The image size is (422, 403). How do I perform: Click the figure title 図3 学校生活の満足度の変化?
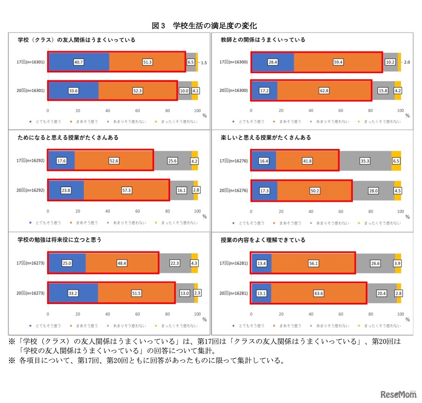(x=204, y=26)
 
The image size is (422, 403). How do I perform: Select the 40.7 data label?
(x=78, y=62)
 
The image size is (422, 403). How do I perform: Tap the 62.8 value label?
(x=324, y=91)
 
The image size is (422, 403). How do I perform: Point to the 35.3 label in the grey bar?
(x=365, y=161)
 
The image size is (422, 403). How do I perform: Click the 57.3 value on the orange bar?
(x=127, y=190)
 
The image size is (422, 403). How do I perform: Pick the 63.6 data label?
(x=319, y=293)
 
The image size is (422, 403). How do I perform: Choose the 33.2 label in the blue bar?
(x=73, y=293)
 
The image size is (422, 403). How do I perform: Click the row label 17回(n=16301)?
(x=30, y=62)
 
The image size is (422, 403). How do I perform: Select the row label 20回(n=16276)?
(x=234, y=190)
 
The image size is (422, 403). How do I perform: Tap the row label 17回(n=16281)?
(x=234, y=263)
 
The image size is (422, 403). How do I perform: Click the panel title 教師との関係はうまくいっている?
(x=263, y=40)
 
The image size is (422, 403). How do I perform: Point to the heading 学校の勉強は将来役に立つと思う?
(x=59, y=239)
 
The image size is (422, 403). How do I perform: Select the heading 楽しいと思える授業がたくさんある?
(x=266, y=137)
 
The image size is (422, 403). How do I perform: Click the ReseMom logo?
(x=398, y=394)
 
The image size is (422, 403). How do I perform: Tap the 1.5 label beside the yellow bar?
(x=204, y=63)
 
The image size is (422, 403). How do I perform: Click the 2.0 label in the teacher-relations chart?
(x=407, y=62)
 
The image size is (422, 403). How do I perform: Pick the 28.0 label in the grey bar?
(x=373, y=190)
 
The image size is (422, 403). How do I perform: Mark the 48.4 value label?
(x=122, y=263)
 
